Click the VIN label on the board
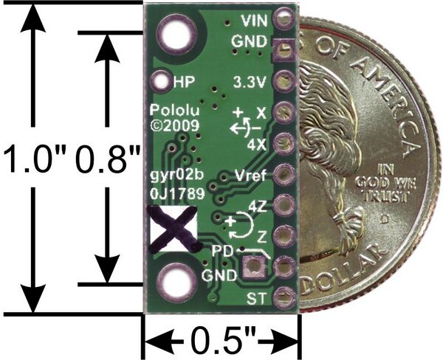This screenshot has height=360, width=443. [x=254, y=21]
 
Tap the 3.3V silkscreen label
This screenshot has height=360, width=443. [x=250, y=82]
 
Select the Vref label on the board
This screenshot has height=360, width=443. [x=250, y=176]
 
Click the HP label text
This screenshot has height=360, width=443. [x=184, y=82]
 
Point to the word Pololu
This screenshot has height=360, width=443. [x=174, y=110]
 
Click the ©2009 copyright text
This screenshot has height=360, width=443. [x=175, y=125]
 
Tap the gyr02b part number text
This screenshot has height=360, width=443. [x=176, y=176]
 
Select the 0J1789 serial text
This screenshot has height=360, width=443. [x=177, y=193]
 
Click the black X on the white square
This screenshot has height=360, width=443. [x=174, y=229]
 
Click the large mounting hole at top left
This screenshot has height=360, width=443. [x=177, y=35]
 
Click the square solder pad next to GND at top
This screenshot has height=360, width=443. [x=284, y=49]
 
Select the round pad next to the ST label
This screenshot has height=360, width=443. [x=284, y=297]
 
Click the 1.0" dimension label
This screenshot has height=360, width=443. [x=35, y=158]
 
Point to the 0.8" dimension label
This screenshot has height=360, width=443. [x=109, y=158]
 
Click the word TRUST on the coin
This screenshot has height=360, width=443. [x=387, y=196]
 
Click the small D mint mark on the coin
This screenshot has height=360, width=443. [x=384, y=219]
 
